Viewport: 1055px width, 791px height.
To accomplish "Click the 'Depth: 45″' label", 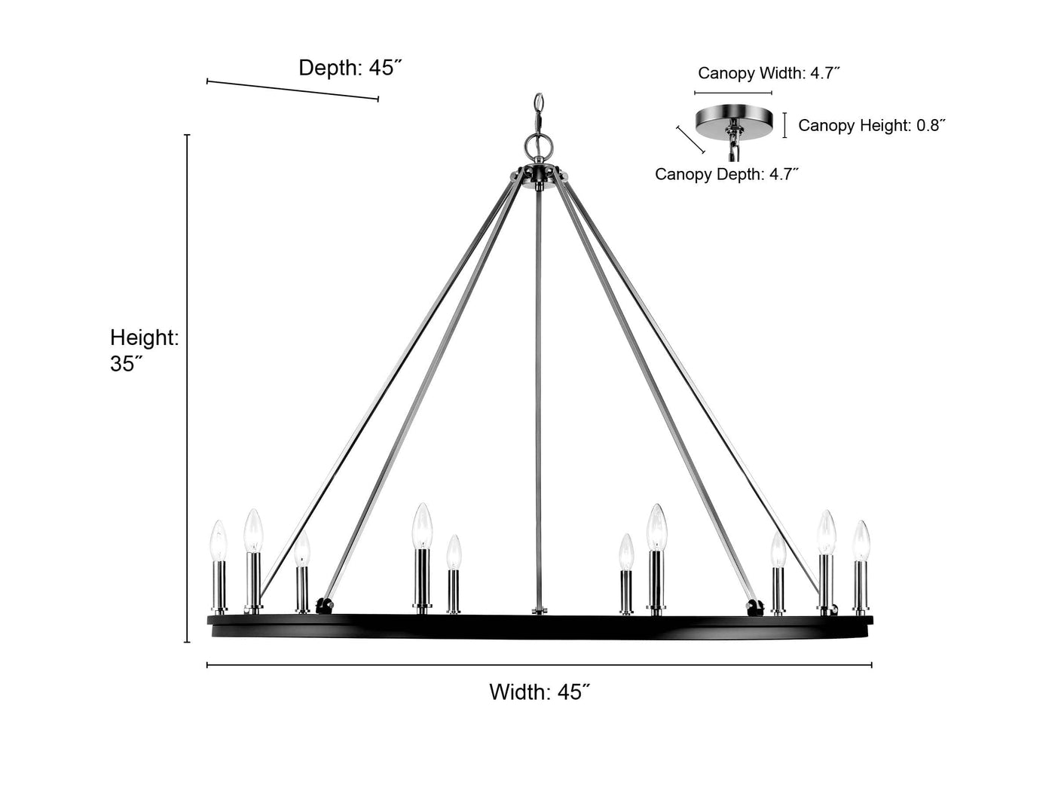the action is click(x=350, y=68).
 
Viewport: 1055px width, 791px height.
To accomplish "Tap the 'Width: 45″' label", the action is click(x=540, y=692).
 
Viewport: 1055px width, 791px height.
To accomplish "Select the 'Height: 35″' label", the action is click(x=144, y=350).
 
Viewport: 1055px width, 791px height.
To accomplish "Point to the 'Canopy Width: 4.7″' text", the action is click(x=769, y=73).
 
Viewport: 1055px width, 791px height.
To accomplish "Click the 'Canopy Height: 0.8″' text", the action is click(x=872, y=125).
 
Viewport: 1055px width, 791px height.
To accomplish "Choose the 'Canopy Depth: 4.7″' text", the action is click(x=726, y=174).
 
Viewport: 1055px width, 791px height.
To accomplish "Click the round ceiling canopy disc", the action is click(x=734, y=121).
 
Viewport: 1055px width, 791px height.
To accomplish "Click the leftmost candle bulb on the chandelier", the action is click(x=219, y=540).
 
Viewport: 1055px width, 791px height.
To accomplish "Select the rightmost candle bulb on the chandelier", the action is click(x=861, y=540).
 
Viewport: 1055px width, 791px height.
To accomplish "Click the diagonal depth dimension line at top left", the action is click(x=292, y=90).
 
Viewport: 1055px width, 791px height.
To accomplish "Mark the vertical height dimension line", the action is click(x=188, y=388).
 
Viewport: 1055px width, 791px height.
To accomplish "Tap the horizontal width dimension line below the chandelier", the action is click(x=540, y=665).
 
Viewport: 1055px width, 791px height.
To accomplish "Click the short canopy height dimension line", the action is click(x=784, y=125).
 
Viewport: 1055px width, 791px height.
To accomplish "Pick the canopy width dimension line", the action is click(x=733, y=93).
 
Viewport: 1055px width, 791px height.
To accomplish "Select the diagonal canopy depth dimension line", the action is click(x=691, y=140).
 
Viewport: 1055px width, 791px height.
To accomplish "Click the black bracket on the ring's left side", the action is click(x=324, y=606).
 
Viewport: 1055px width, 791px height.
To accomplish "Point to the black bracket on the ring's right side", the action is click(x=755, y=607).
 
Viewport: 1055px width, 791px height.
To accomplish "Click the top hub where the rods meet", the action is click(x=540, y=174).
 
